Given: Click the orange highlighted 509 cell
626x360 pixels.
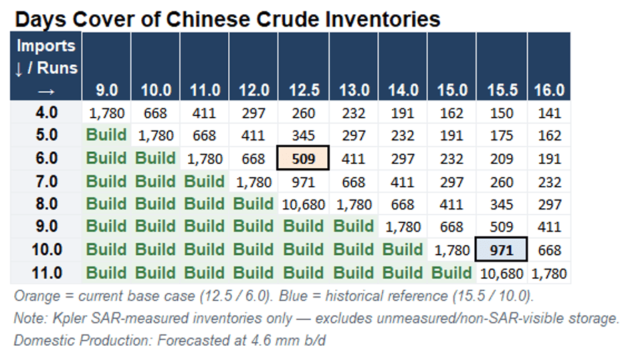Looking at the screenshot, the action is point(303,158).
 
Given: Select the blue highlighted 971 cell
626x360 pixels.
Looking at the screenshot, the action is point(501,250).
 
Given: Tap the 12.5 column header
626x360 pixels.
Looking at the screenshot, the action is point(304,91).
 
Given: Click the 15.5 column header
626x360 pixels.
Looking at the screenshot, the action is point(502,91).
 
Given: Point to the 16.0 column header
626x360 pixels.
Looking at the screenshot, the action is point(549,91).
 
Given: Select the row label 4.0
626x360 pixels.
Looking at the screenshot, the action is point(46,113).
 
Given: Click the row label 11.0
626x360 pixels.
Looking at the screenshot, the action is point(47,273).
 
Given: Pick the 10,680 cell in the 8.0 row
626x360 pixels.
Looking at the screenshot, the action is point(304,205).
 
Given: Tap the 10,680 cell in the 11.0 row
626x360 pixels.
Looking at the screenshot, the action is point(501,274).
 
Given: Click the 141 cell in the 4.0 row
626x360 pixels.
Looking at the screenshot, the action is point(549,113).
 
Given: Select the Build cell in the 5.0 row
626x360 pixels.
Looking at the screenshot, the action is point(106,135).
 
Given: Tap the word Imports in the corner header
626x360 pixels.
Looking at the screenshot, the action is point(46,46).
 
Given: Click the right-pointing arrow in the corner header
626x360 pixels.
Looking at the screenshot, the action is point(46,92).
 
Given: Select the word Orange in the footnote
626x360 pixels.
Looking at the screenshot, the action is point(36,296).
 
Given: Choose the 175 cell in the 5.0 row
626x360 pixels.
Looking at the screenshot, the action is point(501,135).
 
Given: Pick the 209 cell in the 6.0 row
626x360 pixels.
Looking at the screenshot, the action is point(501,159).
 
